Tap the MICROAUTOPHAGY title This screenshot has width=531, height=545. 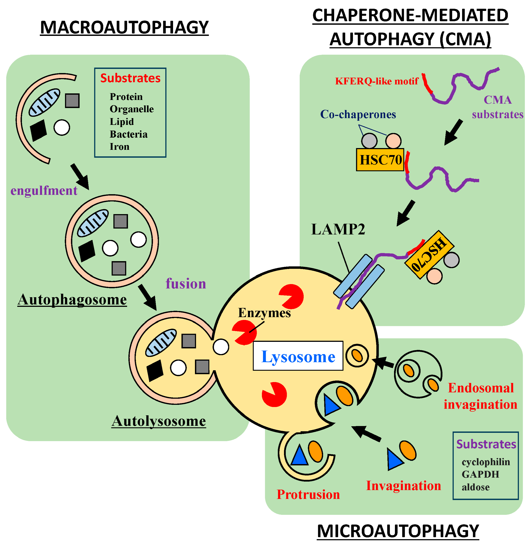[x=398, y=531]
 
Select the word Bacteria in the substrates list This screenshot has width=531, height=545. [x=129, y=134]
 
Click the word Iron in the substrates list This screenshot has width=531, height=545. [x=119, y=147]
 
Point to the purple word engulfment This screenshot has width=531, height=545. [x=44, y=191]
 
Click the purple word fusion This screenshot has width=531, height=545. [x=186, y=284]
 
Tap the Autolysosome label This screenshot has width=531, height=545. [x=159, y=421]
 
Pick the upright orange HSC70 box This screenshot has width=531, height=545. [x=380, y=160]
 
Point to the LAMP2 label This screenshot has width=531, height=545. [x=338, y=229]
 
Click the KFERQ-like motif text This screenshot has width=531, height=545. [x=377, y=81]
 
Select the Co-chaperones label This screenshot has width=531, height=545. [x=358, y=114]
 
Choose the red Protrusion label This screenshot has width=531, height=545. [x=308, y=494]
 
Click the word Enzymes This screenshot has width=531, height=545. [x=264, y=313]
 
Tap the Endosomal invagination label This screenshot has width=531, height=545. [x=480, y=396]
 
